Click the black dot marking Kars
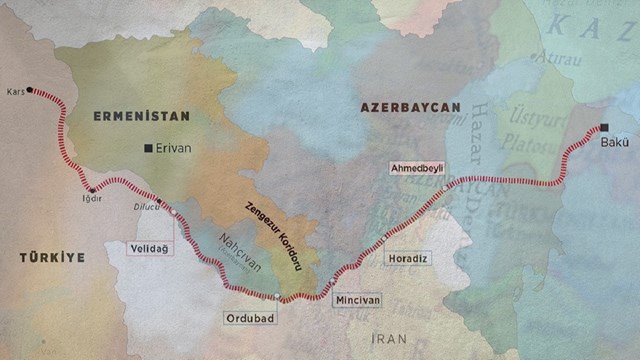[x=29, y=89]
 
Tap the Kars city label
[x=14, y=90]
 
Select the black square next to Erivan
[x=149, y=148]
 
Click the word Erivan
[x=173, y=148]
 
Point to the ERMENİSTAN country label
[x=127, y=116]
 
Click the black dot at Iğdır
[x=93, y=189]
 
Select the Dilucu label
[x=147, y=208]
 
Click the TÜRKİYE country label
[x=52, y=258]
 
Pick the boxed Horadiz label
[x=407, y=258]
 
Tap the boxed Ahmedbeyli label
[x=417, y=168]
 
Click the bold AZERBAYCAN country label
[x=410, y=106]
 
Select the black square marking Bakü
[x=604, y=128]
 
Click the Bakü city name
[x=614, y=143]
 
